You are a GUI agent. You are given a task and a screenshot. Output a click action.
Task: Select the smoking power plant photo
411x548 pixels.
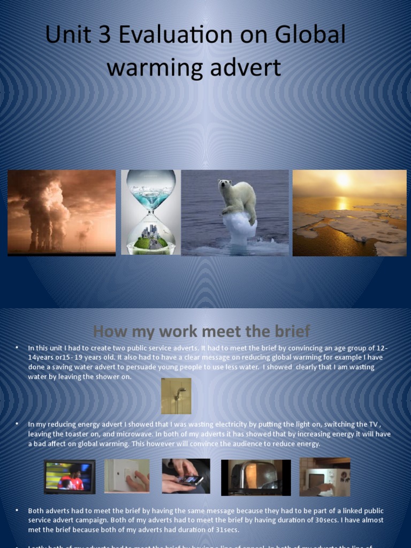click(x=62, y=212)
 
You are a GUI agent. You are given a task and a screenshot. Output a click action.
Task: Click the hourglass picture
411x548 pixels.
click(x=151, y=212)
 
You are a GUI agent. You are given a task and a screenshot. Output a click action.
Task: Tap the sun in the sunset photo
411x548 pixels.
click(x=342, y=180)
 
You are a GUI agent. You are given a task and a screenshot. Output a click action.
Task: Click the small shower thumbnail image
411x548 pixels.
click(x=176, y=395)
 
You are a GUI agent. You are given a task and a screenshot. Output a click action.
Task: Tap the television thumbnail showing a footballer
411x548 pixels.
click(x=70, y=476)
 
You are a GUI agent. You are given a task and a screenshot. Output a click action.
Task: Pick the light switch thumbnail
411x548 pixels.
click(x=127, y=475)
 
